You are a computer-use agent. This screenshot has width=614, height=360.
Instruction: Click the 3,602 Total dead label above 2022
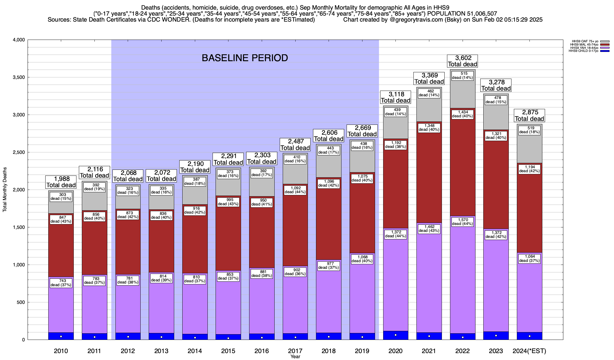tap(462, 61)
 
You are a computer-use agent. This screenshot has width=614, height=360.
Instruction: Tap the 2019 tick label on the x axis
tap(362, 351)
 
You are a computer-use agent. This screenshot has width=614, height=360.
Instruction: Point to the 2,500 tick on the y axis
tap(19, 152)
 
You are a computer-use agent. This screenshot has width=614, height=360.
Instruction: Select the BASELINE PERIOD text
tap(245, 58)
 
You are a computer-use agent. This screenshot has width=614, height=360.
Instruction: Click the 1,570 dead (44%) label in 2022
tap(462, 222)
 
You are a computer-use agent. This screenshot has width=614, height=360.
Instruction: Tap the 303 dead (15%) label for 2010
tap(61, 196)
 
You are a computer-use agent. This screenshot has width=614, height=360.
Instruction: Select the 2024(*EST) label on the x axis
tap(529, 351)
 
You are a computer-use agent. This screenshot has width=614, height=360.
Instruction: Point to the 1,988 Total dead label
tap(61, 182)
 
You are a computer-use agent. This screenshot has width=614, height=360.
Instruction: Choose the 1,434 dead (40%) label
tap(462, 114)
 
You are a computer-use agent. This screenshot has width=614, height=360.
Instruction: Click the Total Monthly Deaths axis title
tap(5, 189)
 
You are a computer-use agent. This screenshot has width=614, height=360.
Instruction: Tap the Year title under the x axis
tap(295, 357)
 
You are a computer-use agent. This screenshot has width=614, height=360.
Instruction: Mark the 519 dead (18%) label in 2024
tap(529, 130)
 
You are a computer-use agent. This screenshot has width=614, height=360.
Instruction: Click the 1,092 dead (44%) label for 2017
tap(295, 190)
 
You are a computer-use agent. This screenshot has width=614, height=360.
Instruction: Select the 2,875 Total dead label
tap(529, 115)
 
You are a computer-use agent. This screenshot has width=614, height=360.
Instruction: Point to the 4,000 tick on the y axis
tap(19, 40)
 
